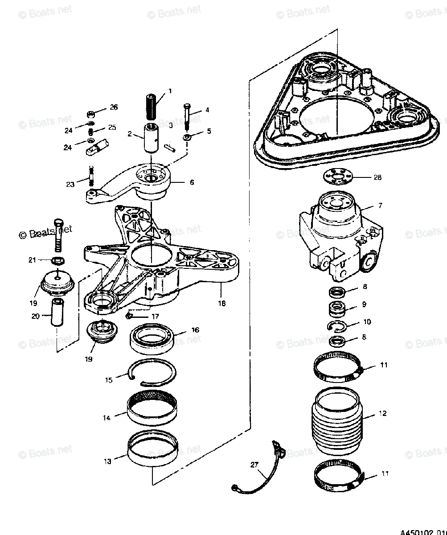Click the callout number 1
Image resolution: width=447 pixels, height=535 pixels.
[x=170, y=91]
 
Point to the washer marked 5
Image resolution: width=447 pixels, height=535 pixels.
[x=187, y=136]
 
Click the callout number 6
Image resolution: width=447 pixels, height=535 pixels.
[x=192, y=182]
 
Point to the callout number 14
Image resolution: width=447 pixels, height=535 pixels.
[x=107, y=418]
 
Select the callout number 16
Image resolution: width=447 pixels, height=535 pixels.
[x=195, y=330]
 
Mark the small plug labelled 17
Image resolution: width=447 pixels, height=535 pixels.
[x=129, y=316]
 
